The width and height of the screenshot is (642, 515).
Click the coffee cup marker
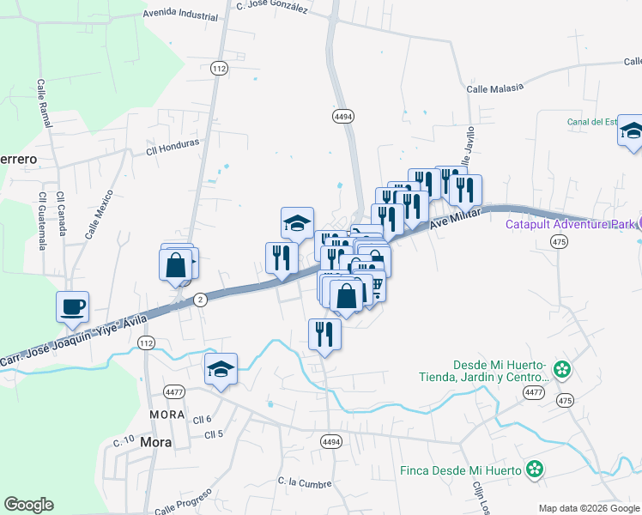pos(73,306)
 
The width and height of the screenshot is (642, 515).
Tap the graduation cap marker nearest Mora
pos(221,370)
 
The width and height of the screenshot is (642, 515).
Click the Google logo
pos(28,505)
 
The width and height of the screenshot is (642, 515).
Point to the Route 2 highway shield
pos(200,299)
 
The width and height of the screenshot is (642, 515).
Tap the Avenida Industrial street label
pos(181,15)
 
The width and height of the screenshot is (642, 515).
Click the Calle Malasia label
pos(495,88)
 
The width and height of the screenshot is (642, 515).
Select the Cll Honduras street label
pos(173,146)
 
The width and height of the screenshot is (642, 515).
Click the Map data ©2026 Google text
pos(588,508)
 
